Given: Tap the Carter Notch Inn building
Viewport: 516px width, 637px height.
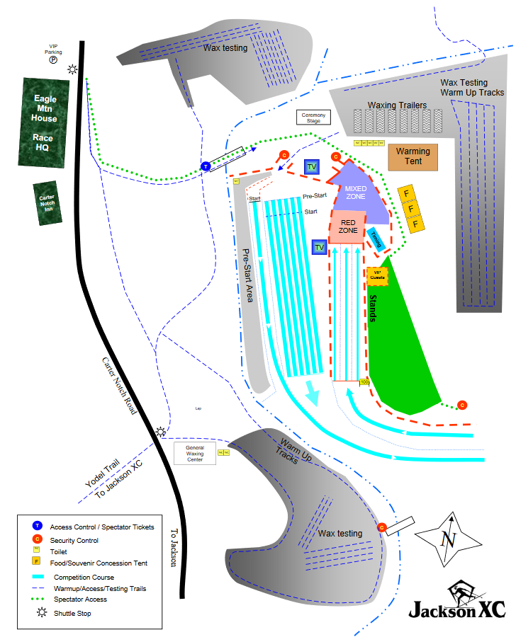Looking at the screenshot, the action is [47, 204].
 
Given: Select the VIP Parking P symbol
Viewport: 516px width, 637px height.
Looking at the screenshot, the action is [53, 61].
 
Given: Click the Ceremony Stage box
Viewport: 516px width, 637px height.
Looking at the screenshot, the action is [313, 117].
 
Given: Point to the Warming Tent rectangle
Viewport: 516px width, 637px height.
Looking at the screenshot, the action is [413, 156].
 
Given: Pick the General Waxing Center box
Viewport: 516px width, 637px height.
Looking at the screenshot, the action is [195, 454].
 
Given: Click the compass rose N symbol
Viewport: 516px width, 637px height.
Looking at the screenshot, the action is [447, 539].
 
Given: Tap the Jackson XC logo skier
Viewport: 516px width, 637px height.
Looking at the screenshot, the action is [465, 592].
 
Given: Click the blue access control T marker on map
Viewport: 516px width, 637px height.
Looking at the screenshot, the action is [206, 167].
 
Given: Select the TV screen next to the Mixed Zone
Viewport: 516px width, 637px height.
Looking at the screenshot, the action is [311, 167].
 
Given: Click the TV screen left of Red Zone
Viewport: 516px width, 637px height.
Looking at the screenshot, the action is [319, 247].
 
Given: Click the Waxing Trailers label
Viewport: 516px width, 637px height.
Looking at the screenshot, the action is [397, 105].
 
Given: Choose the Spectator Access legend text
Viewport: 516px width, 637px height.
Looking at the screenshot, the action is [79, 600].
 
